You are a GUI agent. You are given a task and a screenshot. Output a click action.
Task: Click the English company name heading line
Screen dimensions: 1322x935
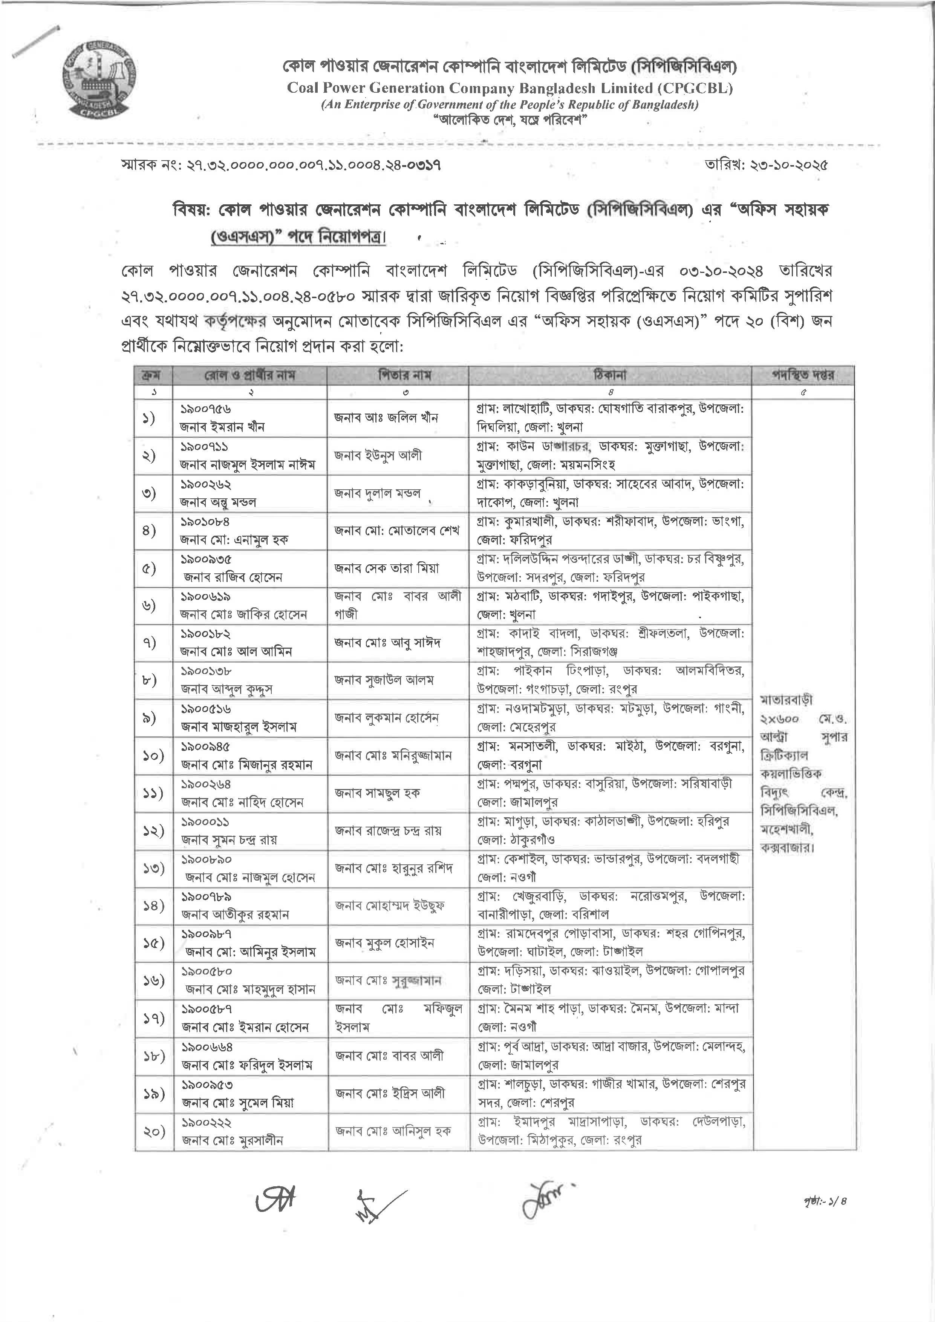point(510,88)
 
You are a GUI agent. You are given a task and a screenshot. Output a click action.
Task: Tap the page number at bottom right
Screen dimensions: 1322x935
point(832,1201)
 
